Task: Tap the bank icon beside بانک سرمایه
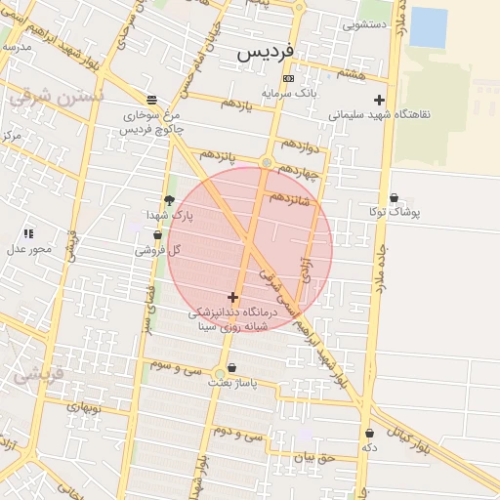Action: coord(287,78)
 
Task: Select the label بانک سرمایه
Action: coord(288,93)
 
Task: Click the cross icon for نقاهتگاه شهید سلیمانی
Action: coord(379,100)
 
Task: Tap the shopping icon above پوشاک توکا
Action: coord(394,198)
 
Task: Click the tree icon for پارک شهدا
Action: coord(170,200)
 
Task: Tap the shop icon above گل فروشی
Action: coord(157,234)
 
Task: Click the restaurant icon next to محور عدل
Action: coord(28,233)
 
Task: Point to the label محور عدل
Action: coord(29,248)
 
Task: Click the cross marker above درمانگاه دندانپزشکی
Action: coord(232,297)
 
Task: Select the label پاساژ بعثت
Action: coord(232,384)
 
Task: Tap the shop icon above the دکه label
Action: coord(369,433)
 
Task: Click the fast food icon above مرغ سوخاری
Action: coord(151,100)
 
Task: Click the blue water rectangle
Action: coord(429,27)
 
